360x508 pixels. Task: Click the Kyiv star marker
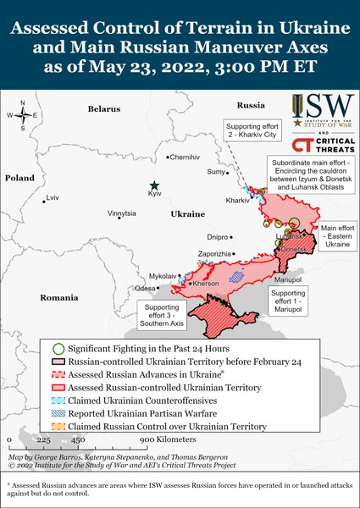click(x=154, y=185)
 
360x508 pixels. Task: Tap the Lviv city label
click(x=53, y=198)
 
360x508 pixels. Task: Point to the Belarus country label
click(x=103, y=109)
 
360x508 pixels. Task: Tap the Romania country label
click(x=58, y=298)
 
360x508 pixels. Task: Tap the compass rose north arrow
click(x=23, y=106)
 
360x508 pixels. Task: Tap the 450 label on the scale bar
click(x=77, y=441)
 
